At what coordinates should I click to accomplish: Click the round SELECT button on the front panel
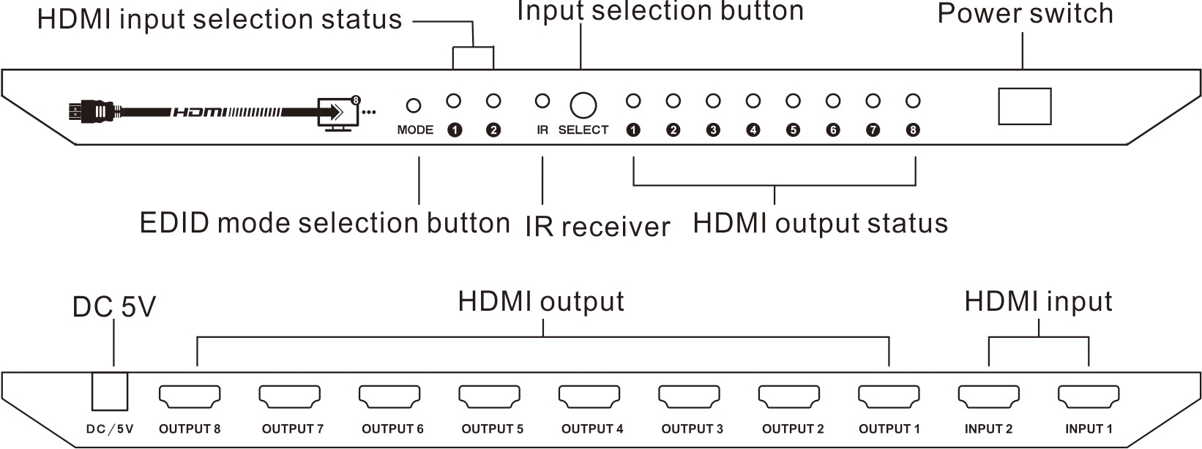click(x=583, y=105)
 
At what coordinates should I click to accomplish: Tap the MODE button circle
click(x=414, y=106)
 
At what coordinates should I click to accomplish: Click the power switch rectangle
click(x=1025, y=107)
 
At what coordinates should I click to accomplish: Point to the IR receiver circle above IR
click(x=542, y=101)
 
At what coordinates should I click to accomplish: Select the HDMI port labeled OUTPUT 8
click(x=190, y=396)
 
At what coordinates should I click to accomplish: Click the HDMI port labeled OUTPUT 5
click(x=489, y=396)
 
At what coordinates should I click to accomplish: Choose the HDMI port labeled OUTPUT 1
click(x=889, y=396)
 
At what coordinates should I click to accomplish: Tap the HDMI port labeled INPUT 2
click(x=989, y=396)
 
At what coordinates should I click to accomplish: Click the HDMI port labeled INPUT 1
click(x=1089, y=396)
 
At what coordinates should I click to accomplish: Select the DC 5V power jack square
click(x=110, y=391)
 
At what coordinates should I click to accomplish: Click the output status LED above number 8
click(x=912, y=101)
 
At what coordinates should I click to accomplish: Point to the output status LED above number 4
click(x=753, y=101)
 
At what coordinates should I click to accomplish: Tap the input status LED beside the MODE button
click(x=454, y=101)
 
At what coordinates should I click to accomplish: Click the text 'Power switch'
click(x=1025, y=14)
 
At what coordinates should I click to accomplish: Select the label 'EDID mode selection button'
click(x=324, y=223)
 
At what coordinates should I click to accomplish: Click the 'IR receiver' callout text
click(x=597, y=227)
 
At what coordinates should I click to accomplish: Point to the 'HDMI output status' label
click(x=820, y=223)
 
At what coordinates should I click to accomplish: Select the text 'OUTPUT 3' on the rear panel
click(x=692, y=429)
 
